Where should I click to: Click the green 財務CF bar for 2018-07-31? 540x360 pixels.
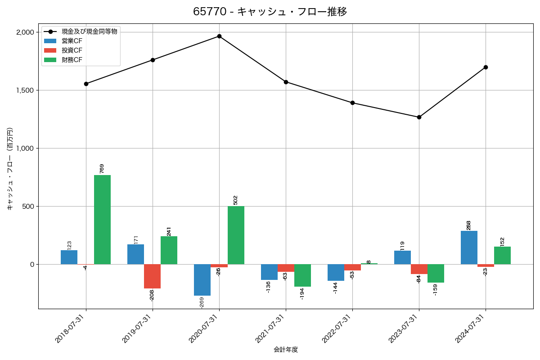102,220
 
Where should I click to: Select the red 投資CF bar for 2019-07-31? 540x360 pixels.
152,276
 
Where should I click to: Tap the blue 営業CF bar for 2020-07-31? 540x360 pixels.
202,280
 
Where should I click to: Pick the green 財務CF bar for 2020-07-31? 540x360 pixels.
236,235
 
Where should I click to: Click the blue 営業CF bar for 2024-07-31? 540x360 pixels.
469,247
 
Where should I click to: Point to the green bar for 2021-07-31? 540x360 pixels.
302,275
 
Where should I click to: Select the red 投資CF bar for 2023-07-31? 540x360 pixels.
419,269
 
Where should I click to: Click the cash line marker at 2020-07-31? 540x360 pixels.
219,36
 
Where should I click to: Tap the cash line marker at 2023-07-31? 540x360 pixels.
419,117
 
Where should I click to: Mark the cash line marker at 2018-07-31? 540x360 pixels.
86,84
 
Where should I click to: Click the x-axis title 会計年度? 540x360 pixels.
286,350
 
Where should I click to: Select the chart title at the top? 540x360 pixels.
270,12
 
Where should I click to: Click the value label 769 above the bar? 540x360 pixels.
102,168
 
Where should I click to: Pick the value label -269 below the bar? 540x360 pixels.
202,302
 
